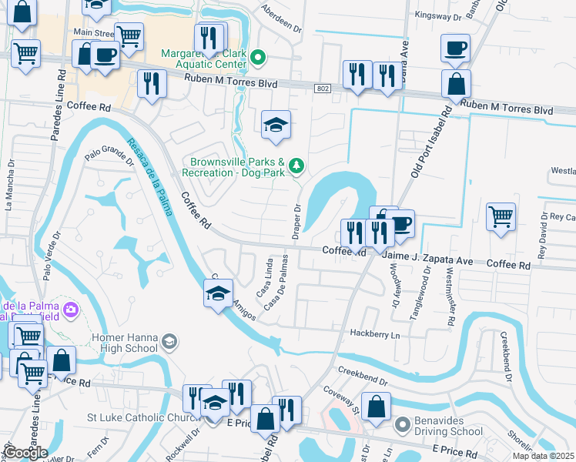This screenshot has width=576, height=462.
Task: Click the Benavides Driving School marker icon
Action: click(401, 424)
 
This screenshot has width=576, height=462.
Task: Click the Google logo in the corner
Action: click(25, 453)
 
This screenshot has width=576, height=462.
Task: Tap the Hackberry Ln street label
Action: click(376, 335)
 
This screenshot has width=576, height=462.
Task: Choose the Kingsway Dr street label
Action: click(436, 15)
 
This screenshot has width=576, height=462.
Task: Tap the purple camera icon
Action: click(71, 310)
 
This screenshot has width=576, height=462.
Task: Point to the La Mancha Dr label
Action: click(10, 185)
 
